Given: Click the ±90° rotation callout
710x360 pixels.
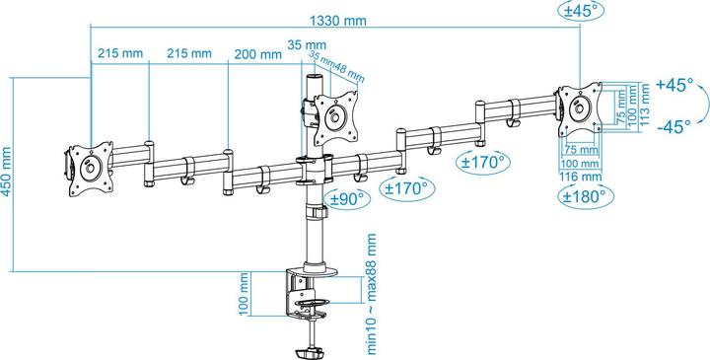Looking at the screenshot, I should coord(347,198).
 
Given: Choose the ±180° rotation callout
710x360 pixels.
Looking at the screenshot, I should coord(581,195).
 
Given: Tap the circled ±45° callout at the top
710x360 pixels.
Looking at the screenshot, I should coord(582,12).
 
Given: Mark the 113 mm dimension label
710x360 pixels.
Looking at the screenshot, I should coord(644,100).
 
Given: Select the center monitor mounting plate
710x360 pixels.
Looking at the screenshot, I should coord(335,113).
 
